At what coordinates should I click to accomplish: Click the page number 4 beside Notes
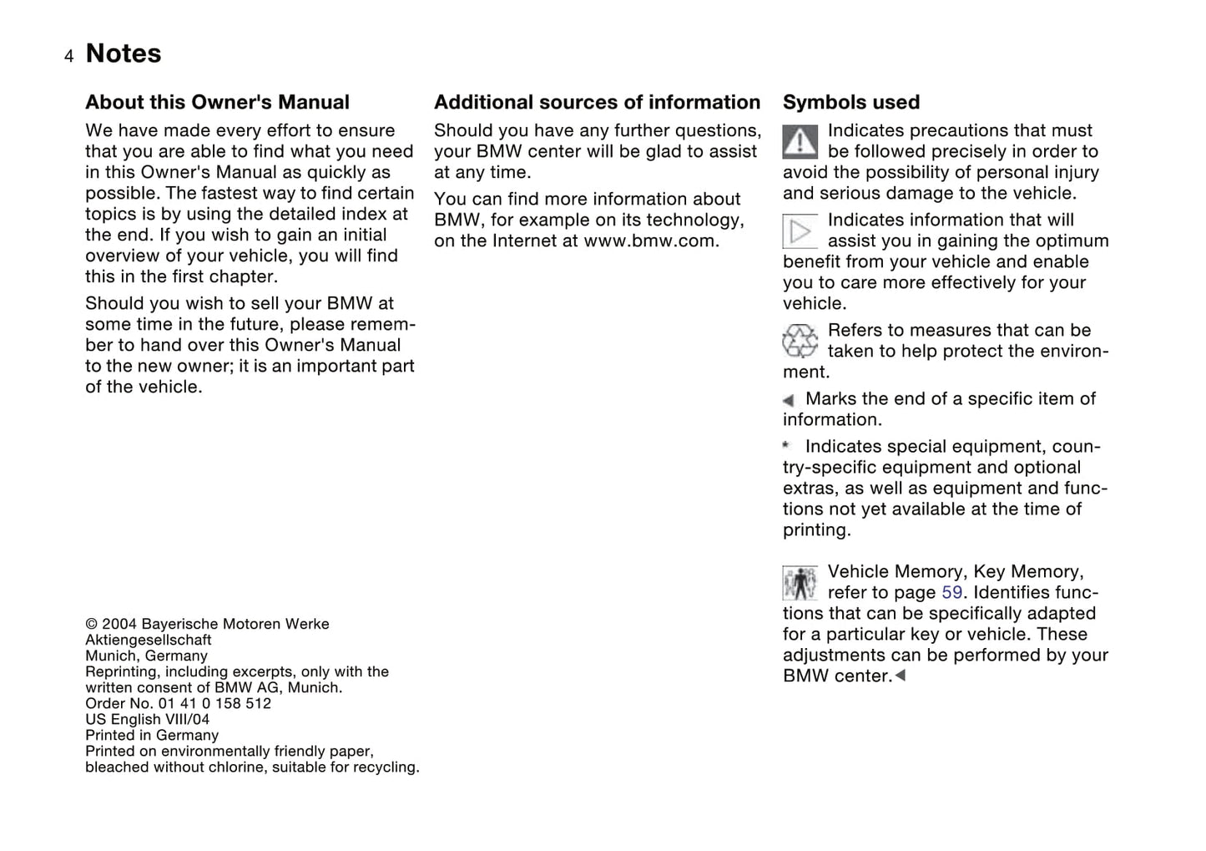[68, 56]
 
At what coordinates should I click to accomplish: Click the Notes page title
[124, 53]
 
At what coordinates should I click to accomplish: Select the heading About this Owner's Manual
[217, 103]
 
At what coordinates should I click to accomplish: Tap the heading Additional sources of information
[597, 103]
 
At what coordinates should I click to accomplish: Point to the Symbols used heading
[850, 103]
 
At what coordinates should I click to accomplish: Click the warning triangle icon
[800, 142]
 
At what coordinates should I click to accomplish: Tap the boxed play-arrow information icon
[800, 231]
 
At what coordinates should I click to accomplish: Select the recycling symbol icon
[800, 341]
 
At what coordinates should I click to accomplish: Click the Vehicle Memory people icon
[800, 583]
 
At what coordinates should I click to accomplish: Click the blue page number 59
[951, 593]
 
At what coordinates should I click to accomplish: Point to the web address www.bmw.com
[649, 241]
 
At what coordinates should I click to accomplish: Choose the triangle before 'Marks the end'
[789, 401]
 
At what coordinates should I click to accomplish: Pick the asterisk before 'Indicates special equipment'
[786, 446]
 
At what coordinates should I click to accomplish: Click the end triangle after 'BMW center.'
[900, 675]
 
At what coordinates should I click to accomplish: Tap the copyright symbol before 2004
[91, 625]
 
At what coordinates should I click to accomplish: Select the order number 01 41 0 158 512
[214, 704]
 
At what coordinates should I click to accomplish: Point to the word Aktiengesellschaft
[149, 641]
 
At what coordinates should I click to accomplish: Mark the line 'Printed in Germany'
[152, 736]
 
